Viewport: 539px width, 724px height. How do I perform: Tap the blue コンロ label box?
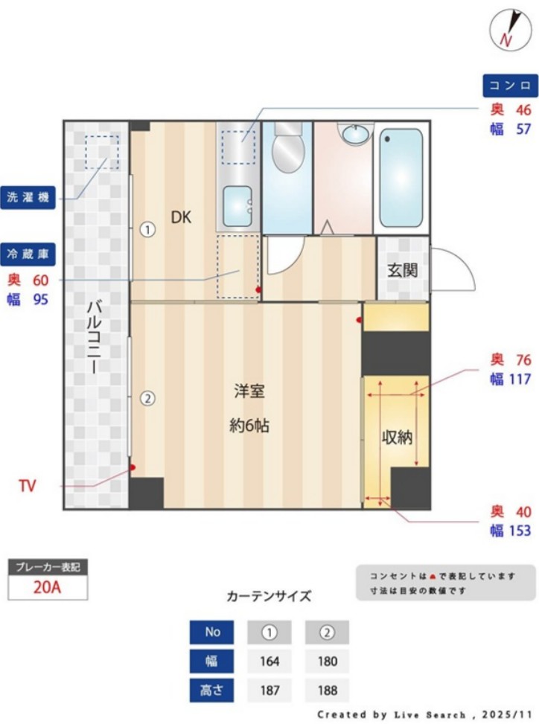tap(510, 84)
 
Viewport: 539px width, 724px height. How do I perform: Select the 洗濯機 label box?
tap(28, 198)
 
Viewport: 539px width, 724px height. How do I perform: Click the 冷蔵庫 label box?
tap(28, 254)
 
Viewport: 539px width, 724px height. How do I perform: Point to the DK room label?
tap(181, 217)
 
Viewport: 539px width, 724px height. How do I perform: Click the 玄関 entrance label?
tap(402, 269)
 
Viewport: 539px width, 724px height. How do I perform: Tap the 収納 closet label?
tap(398, 438)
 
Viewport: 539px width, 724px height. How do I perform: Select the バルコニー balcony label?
tap(94, 336)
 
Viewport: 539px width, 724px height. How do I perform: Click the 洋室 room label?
tap(249, 391)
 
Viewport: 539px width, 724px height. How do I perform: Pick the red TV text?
tap(28, 487)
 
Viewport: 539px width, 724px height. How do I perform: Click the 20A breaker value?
tap(48, 586)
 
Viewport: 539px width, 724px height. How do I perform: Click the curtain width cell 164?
tap(269, 661)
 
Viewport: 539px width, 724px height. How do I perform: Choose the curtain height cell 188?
tap(327, 690)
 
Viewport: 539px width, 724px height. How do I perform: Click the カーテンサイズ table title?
tap(269, 596)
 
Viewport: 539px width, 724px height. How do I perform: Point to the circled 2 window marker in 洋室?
tap(148, 398)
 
